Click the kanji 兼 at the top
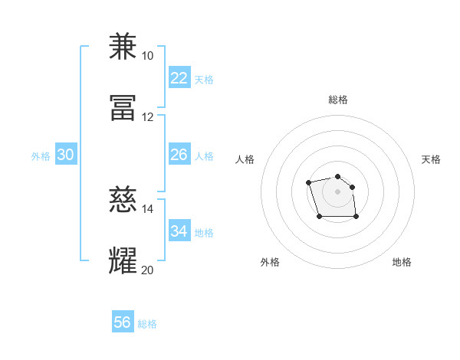click(123, 47)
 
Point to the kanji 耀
click(123, 261)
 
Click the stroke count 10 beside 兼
click(147, 56)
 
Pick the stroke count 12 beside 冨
click(147, 117)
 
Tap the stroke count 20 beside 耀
click(147, 270)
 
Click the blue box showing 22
click(179, 78)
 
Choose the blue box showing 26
click(179, 155)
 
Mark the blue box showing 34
click(179, 231)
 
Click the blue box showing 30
click(65, 155)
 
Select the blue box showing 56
click(123, 322)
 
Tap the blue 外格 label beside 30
click(41, 156)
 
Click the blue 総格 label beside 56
click(147, 324)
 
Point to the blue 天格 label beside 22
click(203, 80)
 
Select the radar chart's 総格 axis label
click(338, 100)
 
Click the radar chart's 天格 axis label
click(432, 159)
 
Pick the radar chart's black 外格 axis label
click(270, 262)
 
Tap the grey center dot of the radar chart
click(338, 191)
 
